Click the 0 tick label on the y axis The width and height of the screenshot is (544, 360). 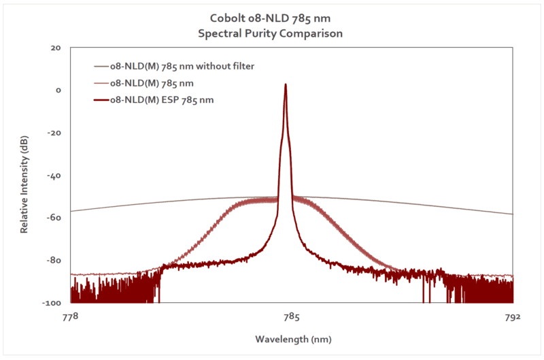pyautogui.click(x=58, y=91)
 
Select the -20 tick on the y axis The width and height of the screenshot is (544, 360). pyautogui.click(x=56, y=133)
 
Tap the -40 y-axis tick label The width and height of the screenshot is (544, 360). pyautogui.click(x=56, y=175)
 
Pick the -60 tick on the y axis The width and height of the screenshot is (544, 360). pyautogui.click(x=56, y=218)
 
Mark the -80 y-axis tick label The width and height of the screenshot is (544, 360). pyautogui.click(x=56, y=260)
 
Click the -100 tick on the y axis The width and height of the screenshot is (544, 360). pyautogui.click(x=54, y=302)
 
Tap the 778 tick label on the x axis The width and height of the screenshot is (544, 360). pyautogui.click(x=70, y=316)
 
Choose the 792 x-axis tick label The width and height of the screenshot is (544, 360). pyautogui.click(x=513, y=316)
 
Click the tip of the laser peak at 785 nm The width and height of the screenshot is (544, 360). pyautogui.click(x=286, y=85)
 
